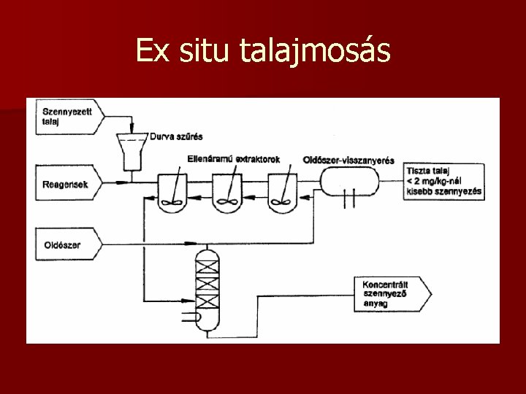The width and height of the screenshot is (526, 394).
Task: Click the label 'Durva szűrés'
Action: tap(176, 136)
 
